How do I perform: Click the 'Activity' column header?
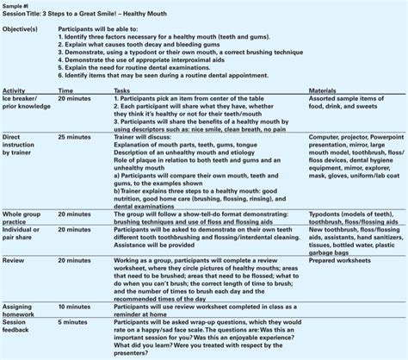pyautogui.click(x=14, y=89)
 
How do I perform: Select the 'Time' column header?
pyautogui.click(x=65, y=89)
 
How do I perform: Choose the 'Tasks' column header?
pyautogui.click(x=122, y=89)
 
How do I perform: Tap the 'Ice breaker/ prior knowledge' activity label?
pyautogui.click(x=25, y=102)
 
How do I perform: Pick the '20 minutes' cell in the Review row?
pyautogui.click(x=73, y=259)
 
